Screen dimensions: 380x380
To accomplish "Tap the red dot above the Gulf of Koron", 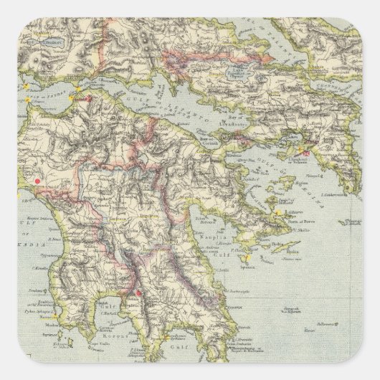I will coord(138,291).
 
